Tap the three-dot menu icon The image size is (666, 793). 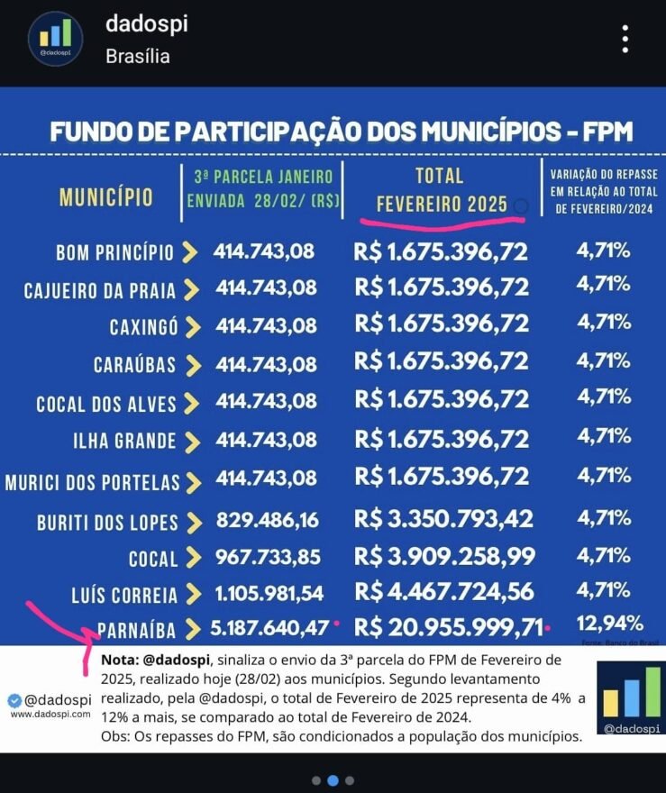point(625,39)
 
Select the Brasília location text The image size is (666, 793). point(138,56)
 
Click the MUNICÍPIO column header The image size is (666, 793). point(106,197)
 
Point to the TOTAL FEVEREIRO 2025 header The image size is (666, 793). point(440,190)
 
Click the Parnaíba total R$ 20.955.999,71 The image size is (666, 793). point(448,626)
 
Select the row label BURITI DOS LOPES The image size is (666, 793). point(107,523)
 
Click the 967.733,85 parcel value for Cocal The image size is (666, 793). point(268,557)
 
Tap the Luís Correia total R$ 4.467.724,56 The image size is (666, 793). point(444,591)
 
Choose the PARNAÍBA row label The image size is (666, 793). point(131,629)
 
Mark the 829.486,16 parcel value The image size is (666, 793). point(267,520)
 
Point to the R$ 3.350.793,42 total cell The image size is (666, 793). point(443,519)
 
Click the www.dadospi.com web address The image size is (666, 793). point(50,714)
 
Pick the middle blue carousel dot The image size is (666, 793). point(333,780)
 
